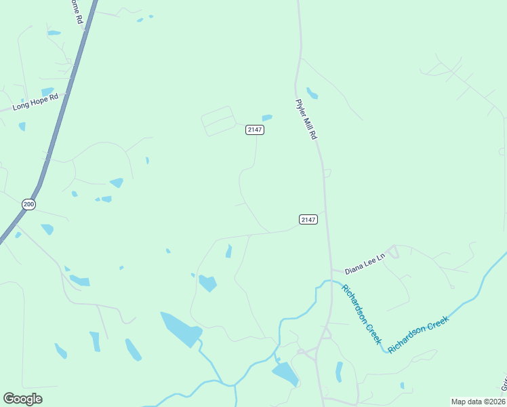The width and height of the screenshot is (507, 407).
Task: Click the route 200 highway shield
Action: (x=28, y=203)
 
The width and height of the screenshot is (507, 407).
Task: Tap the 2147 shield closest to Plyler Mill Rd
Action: (x=308, y=219)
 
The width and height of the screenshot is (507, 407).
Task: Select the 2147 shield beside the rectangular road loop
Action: (x=254, y=130)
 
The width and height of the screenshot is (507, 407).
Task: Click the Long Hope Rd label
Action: (x=36, y=102)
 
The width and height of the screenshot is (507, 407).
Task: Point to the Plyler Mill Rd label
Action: (x=306, y=119)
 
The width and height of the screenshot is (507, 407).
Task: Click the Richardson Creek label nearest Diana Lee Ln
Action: (x=361, y=313)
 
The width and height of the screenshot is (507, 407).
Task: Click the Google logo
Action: (x=22, y=398)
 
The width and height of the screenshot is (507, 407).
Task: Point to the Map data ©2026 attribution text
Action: (x=477, y=402)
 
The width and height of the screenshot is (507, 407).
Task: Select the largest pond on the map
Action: (x=182, y=329)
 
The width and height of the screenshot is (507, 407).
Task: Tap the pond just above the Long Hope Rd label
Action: (x=47, y=92)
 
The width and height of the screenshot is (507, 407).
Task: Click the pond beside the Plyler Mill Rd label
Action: (x=312, y=93)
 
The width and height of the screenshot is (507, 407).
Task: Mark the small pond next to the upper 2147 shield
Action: (x=267, y=118)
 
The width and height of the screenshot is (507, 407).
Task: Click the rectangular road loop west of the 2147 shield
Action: (x=218, y=121)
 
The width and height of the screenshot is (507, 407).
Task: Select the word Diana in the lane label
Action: (x=354, y=264)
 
